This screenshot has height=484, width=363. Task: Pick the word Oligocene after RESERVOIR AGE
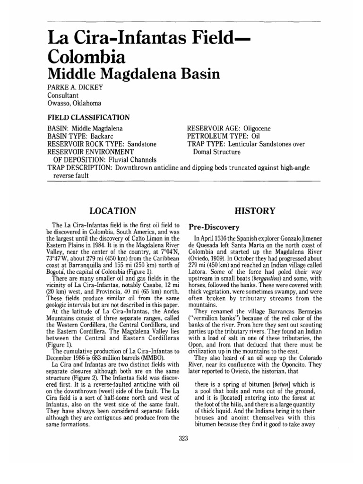(262, 129)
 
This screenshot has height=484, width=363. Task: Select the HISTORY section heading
(257, 210)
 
